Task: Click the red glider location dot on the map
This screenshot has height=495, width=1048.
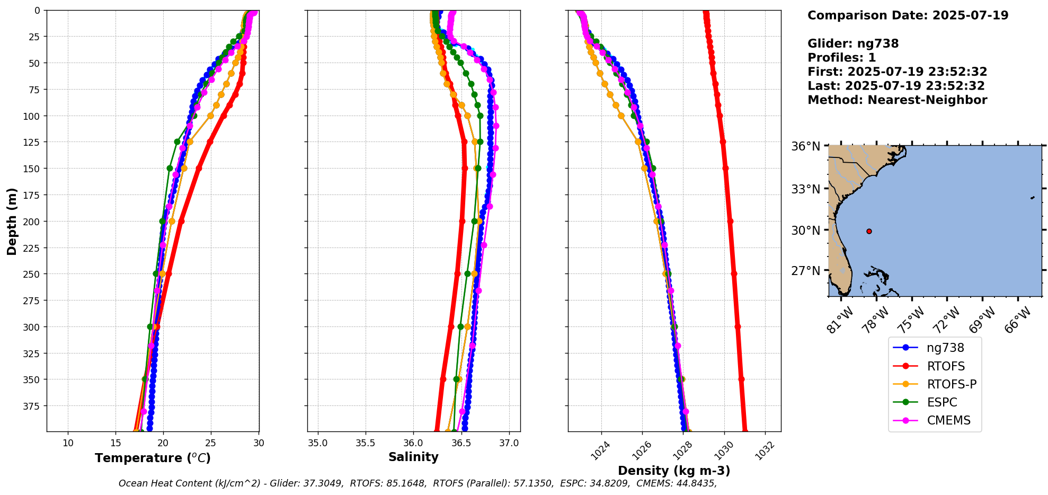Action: pyautogui.click(x=869, y=231)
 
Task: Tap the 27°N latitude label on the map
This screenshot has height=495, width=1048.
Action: pyautogui.click(x=805, y=271)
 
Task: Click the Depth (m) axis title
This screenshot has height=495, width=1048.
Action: pyautogui.click(x=12, y=221)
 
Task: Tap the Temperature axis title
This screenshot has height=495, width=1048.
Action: pyautogui.click(x=153, y=458)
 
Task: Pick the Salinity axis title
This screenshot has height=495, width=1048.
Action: pyautogui.click(x=413, y=457)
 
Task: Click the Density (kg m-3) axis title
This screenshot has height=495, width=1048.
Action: pyautogui.click(x=674, y=471)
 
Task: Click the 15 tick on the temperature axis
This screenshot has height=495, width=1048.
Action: pyautogui.click(x=116, y=443)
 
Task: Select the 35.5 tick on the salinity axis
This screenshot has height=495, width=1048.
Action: pyautogui.click(x=365, y=443)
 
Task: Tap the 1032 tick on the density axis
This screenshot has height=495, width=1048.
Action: pyautogui.click(x=765, y=450)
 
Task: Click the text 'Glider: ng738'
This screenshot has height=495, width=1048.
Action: pyautogui.click(x=853, y=43)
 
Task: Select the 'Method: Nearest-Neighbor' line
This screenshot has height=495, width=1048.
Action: pyautogui.click(x=897, y=100)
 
